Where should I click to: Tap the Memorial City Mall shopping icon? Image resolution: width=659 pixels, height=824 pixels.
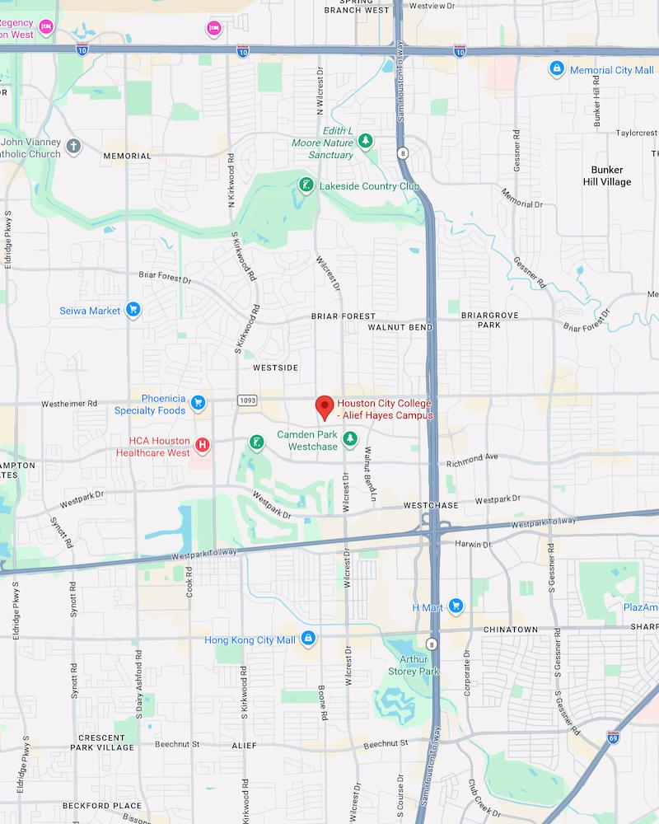coord(557,69)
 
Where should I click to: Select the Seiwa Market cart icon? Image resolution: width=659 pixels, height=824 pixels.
coord(133,311)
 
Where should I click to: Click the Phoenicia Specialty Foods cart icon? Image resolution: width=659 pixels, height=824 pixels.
coord(198,403)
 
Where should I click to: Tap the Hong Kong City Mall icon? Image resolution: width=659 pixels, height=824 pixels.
coord(308,639)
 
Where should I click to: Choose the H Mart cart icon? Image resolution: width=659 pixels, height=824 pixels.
coord(456,607)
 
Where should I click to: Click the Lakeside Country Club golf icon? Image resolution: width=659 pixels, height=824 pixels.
coord(306,185)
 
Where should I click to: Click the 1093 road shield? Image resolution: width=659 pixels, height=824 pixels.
coord(247,400)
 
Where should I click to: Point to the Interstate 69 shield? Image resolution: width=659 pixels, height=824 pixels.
coord(614,736)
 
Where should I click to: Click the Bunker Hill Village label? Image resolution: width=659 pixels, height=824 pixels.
coord(605,176)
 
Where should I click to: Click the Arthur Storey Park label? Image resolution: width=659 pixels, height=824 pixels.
coord(414,665)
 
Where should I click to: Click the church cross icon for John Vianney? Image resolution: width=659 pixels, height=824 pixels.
coord(74,147)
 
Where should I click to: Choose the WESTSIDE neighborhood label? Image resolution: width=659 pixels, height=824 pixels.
coord(276,367)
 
